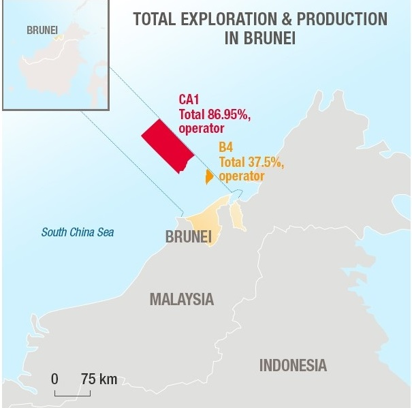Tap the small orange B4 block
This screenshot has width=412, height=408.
point(209,177)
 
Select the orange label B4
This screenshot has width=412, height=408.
point(226,146)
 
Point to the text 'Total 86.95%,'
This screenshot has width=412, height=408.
point(212,114)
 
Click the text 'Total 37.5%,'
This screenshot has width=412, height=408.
point(251,162)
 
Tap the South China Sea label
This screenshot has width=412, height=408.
point(78,232)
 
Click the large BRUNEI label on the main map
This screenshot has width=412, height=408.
point(189,237)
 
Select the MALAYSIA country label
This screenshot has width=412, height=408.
point(181,299)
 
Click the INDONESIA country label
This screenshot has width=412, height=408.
point(293,364)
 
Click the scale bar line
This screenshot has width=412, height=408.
point(68,393)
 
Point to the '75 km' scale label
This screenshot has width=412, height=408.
point(99,379)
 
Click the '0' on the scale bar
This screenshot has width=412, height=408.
point(54,379)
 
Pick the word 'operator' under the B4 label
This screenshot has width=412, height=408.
point(242,176)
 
